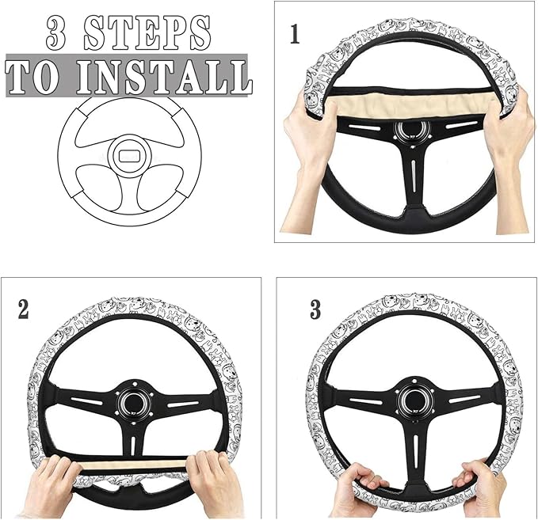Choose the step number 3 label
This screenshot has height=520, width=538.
[x=315, y=309]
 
